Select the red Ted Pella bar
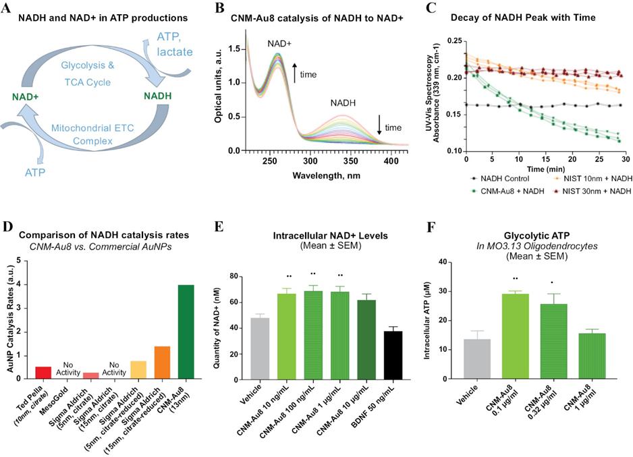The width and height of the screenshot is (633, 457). click(x=43, y=372)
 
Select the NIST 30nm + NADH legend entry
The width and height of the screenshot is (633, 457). click(x=595, y=191)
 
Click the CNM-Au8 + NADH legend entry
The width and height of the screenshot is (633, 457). click(x=514, y=191)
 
